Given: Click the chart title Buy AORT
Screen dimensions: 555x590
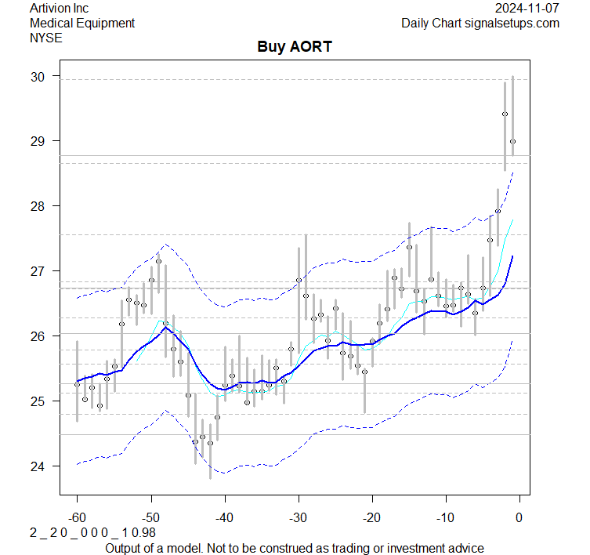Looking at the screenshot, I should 295,47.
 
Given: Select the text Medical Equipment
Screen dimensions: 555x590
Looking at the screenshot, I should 82,23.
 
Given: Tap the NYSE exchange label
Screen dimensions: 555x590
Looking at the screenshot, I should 45,37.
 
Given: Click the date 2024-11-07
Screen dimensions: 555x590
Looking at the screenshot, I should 527,9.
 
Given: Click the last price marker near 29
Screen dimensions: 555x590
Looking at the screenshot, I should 512,141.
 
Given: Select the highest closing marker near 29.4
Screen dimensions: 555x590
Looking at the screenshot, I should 505,114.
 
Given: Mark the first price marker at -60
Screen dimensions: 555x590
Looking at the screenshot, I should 77,384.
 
